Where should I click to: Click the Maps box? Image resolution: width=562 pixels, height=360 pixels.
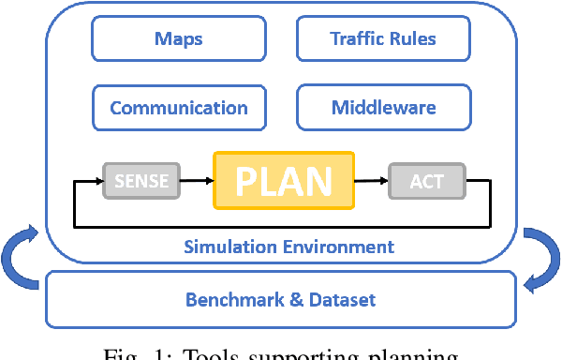pyautogui.click(x=178, y=39)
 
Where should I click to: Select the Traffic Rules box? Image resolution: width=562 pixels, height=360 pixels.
pyautogui.click(x=383, y=39)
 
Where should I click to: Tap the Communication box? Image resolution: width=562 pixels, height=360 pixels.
pyautogui.click(x=178, y=107)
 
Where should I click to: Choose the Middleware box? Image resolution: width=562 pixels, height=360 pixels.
pyautogui.click(x=383, y=107)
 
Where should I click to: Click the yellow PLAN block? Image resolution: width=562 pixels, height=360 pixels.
pyautogui.click(x=284, y=180)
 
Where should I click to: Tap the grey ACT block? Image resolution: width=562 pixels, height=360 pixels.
pyautogui.click(x=426, y=180)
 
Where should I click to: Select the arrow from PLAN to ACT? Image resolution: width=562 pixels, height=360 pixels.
pyautogui.click(x=373, y=180)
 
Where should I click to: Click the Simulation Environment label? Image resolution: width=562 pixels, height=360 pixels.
pyautogui.click(x=288, y=247)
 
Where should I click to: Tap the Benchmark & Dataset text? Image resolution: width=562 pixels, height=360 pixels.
pyautogui.click(x=280, y=300)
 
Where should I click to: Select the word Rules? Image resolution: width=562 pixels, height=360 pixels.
pyautogui.click(x=413, y=39)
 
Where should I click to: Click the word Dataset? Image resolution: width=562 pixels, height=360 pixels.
pyautogui.click(x=341, y=300)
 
